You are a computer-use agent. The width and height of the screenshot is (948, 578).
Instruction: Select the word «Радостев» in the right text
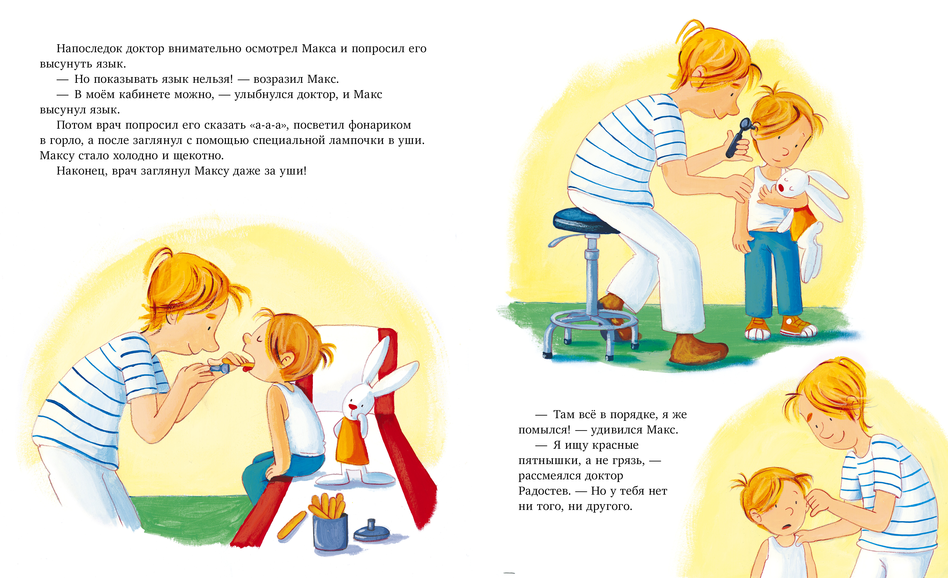tap(544, 491)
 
